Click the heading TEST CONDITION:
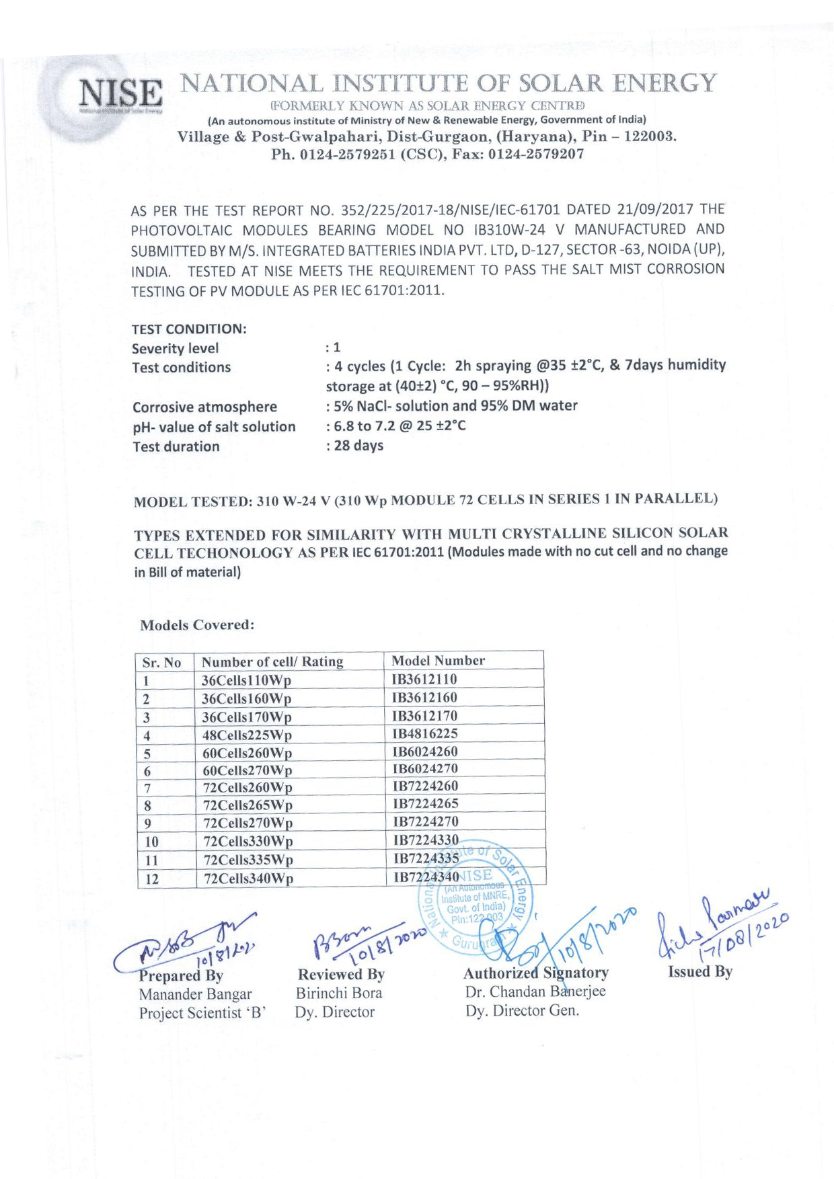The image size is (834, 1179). point(189,329)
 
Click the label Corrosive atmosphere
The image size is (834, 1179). point(204,407)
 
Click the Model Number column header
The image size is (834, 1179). point(438,661)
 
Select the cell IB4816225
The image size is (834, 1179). point(425,733)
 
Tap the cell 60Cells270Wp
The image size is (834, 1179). point(248,770)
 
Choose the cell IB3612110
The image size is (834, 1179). point(424,680)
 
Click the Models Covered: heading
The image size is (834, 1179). point(197,625)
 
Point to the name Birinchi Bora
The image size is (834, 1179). point(339,993)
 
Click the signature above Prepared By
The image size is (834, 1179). point(188,941)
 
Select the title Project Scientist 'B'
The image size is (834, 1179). point(202,1013)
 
